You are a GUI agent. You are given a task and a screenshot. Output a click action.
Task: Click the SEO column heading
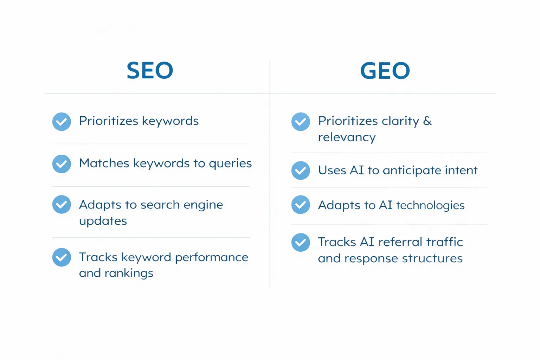pos(150,70)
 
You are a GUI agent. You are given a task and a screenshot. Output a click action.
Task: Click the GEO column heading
pos(385,70)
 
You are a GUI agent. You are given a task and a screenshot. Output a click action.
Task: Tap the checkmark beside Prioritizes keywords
pos(62,122)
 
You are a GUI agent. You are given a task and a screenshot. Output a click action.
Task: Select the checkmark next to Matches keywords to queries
pos(62,164)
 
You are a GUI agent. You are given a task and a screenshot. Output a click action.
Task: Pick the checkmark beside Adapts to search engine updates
pos(62,205)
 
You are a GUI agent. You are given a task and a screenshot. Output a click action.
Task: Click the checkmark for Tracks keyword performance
pos(62,257)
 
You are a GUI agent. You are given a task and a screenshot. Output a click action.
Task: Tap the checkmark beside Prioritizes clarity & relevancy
pos(301,122)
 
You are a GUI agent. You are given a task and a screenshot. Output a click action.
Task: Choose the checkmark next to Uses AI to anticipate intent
pos(301,171)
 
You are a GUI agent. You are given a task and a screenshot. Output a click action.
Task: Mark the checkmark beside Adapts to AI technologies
pos(301,205)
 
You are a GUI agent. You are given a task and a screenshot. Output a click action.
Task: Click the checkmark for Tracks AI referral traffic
pos(301,243)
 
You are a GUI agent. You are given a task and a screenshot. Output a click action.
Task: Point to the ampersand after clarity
pos(427,121)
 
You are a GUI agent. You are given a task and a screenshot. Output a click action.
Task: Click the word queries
pos(230,164)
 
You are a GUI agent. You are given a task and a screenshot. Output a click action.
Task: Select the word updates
pos(103,221)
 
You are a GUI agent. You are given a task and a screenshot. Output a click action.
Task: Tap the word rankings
pos(129,274)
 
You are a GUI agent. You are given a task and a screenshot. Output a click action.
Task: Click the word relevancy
pos(347,137)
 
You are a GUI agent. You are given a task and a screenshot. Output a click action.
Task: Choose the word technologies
pos(430,205)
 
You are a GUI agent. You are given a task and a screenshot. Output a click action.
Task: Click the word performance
pos(211,258)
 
